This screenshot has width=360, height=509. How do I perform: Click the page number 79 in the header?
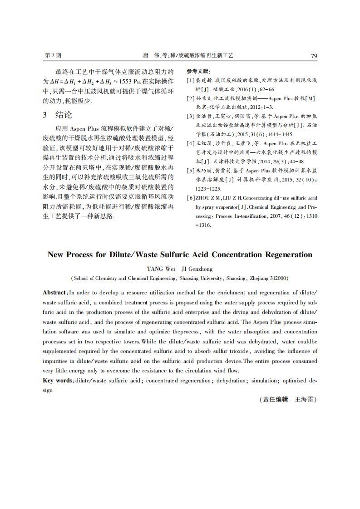314,55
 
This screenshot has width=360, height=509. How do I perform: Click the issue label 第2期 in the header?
53,55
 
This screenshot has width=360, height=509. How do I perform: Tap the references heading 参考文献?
198,71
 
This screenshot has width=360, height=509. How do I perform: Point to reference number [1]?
191,80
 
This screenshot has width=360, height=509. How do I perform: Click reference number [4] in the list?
191,144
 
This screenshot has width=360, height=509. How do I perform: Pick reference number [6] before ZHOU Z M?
191,198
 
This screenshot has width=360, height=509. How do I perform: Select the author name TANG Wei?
161,269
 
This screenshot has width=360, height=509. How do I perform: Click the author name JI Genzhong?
197,269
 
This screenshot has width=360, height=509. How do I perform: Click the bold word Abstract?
54,293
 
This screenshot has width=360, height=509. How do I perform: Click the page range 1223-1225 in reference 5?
208,189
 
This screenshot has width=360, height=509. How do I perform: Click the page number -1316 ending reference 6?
203,225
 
